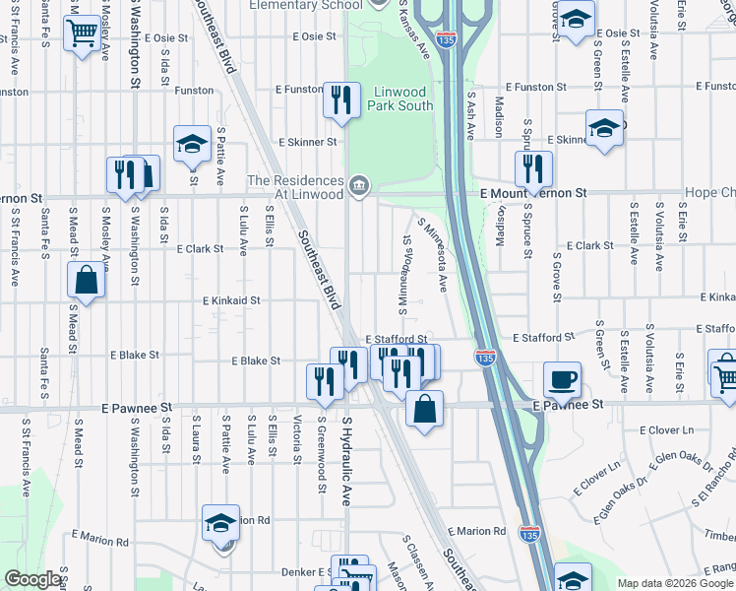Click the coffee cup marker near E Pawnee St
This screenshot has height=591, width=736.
point(562,379)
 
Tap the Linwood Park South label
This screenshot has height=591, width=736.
point(399,98)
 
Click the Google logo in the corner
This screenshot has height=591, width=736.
point(33,579)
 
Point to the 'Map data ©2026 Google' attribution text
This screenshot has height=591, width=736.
point(676,583)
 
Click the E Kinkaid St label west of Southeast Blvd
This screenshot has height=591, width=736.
point(231,300)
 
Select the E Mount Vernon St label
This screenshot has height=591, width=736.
point(533,194)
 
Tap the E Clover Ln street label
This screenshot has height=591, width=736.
point(666,430)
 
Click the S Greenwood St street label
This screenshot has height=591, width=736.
point(321,453)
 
